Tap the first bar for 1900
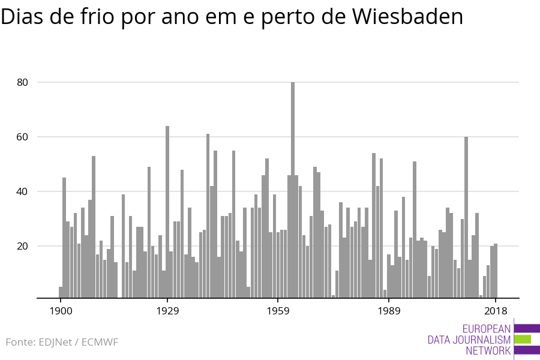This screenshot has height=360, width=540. [61, 292]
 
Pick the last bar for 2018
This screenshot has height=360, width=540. [496, 271]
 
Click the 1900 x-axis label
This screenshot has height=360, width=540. [61, 311]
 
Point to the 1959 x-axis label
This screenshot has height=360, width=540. [278, 311]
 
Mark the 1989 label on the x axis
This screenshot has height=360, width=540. [389, 311]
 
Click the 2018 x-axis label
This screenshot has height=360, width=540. [496, 311]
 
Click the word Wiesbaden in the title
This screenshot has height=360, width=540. [407, 16]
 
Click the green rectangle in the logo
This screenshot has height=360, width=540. [523, 340]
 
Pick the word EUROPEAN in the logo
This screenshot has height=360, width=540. [487, 328]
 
